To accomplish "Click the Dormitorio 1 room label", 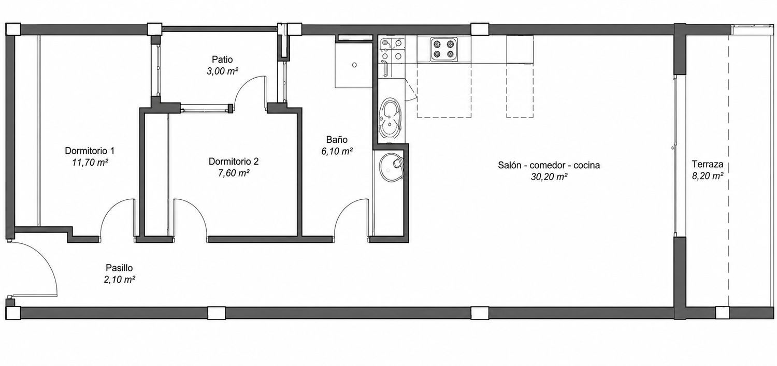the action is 90,151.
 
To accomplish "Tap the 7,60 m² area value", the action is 234,173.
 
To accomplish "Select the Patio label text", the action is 222,60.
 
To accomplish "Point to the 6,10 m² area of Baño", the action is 337,151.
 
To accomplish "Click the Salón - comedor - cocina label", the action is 549,165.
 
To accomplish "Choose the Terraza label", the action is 708,164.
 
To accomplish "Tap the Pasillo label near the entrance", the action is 119,268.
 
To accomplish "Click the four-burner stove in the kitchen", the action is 444,49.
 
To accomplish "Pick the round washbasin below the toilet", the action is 391,167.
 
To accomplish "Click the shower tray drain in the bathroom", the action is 354,65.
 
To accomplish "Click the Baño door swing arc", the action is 346,210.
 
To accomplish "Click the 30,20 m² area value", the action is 549,177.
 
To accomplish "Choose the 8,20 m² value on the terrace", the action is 708,175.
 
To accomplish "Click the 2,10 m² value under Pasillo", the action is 119,280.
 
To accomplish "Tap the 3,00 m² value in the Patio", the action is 222,71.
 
